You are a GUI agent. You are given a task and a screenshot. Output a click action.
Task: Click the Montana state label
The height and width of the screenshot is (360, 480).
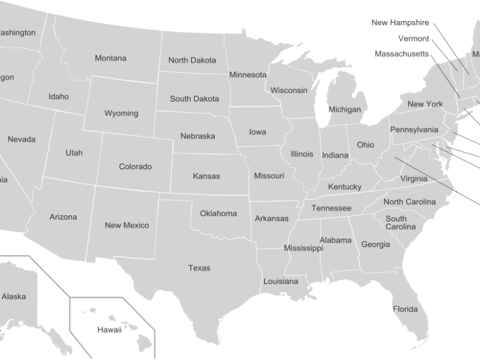point(110,58)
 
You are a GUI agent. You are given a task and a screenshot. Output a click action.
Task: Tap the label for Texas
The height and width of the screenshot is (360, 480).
point(199,268)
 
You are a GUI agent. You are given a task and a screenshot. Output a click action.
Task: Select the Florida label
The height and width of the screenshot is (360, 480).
point(406,310)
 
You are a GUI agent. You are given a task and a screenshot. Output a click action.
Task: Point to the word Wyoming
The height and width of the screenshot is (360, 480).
point(121,113)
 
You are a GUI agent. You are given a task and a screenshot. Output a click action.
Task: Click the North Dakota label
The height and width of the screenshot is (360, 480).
point(192,60)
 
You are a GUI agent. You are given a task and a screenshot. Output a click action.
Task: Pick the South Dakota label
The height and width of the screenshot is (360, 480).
point(194,98)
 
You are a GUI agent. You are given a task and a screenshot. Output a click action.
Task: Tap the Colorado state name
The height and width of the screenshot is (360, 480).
point(135,166)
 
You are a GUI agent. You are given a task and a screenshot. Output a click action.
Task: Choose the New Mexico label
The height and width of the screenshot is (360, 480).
point(127,225)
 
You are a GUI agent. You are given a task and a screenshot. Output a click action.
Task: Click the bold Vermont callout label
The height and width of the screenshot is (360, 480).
point(413,38)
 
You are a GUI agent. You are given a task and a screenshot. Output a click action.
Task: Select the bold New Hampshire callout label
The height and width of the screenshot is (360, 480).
point(400,23)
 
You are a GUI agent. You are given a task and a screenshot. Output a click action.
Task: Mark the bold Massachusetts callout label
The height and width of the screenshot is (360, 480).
point(402,53)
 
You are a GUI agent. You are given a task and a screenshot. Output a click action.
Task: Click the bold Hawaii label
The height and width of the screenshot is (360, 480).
point(109,329)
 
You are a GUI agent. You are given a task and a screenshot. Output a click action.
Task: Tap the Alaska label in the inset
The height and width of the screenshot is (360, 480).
point(14,296)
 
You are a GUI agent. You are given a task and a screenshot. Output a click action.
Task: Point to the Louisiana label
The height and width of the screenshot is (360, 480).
point(280,281)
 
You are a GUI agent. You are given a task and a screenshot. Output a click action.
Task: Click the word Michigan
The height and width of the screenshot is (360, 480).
point(345,109)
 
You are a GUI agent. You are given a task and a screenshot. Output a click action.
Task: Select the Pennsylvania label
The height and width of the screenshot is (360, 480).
point(414,130)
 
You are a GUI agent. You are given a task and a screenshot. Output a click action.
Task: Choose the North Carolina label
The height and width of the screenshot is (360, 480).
point(409,202)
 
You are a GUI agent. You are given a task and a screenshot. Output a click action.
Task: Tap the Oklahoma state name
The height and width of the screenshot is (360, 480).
point(218,213)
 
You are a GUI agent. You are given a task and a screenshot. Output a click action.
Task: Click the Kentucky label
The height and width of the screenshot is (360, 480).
point(344,187)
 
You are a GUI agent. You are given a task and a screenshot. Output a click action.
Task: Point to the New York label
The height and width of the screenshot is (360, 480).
point(425,104)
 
